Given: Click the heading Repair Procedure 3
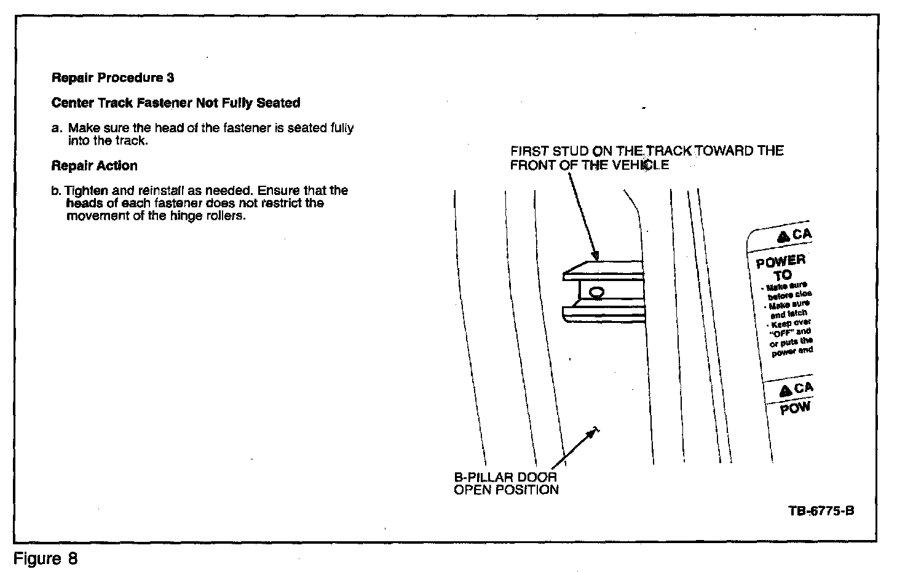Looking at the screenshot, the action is (x=113, y=78).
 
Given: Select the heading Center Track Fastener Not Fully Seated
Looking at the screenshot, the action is (x=176, y=103).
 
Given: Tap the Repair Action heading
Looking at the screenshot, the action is (x=94, y=166).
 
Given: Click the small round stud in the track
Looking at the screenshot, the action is (x=596, y=292).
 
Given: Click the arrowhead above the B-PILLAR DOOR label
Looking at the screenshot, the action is (x=592, y=433).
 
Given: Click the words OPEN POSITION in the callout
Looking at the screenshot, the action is (x=506, y=490).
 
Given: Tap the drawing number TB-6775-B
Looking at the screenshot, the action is (x=821, y=512).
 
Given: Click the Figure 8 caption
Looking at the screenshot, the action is (x=45, y=559).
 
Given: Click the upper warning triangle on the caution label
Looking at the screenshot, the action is (x=783, y=236).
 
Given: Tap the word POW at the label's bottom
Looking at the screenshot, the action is (x=795, y=408).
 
